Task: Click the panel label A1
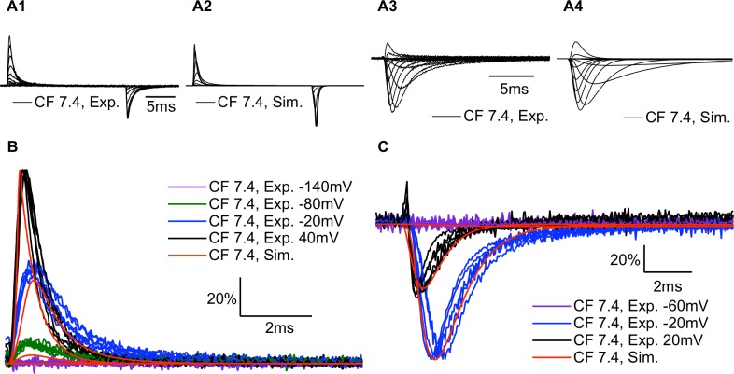17,9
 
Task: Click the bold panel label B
10,148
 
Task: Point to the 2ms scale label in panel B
276,327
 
